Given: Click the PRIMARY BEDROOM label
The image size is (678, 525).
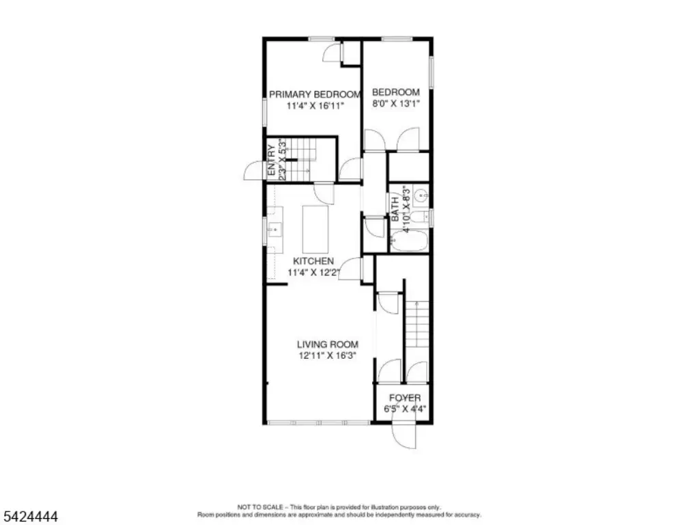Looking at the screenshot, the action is pyautogui.click(x=315, y=94).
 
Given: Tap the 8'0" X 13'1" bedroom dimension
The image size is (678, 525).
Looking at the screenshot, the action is pyautogui.click(x=396, y=104).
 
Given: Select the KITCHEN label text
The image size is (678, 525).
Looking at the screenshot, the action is pyautogui.click(x=313, y=261).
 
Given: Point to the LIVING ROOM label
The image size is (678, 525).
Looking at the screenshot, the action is pyautogui.click(x=327, y=345).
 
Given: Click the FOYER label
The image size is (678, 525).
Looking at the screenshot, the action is pyautogui.click(x=405, y=398).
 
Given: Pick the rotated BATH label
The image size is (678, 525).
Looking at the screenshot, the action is pyautogui.click(x=395, y=209).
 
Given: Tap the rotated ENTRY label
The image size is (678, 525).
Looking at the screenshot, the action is pyautogui.click(x=272, y=160).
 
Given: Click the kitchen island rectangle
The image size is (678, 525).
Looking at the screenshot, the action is pyautogui.click(x=315, y=229).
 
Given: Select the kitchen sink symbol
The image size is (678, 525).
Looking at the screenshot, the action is pyautogui.click(x=274, y=230).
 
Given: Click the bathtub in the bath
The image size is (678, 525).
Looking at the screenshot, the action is pyautogui.click(x=409, y=241).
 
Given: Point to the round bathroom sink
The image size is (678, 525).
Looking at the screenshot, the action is pyautogui.click(x=421, y=197).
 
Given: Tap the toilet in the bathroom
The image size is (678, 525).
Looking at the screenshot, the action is pyautogui.click(x=419, y=217).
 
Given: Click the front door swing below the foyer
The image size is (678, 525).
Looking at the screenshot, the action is pyautogui.click(x=404, y=436).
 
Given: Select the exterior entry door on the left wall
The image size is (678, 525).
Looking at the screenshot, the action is pyautogui.click(x=254, y=170).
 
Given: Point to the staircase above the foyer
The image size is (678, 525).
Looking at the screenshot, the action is pyautogui.click(x=416, y=324).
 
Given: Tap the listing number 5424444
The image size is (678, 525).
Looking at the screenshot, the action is pyautogui.click(x=30, y=516).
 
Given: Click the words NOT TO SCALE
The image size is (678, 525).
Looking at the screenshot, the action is pyautogui.click(x=260, y=507).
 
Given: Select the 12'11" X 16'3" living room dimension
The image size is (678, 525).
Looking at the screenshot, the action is pyautogui.click(x=327, y=356).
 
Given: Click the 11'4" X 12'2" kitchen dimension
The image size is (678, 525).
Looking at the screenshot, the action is pyautogui.click(x=314, y=273).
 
